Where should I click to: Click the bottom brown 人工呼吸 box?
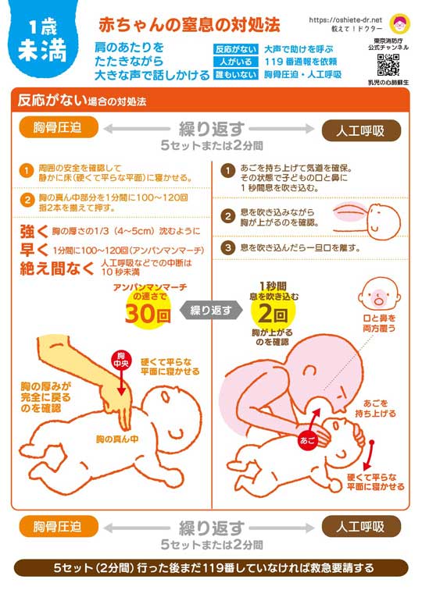click(x=360, y=527)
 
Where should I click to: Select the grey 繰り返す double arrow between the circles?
click(x=209, y=310)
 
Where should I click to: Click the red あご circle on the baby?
click(x=306, y=441)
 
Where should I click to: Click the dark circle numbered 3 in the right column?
click(x=227, y=248)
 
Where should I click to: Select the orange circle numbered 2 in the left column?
click(x=25, y=198)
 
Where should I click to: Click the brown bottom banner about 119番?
click(x=210, y=567)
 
